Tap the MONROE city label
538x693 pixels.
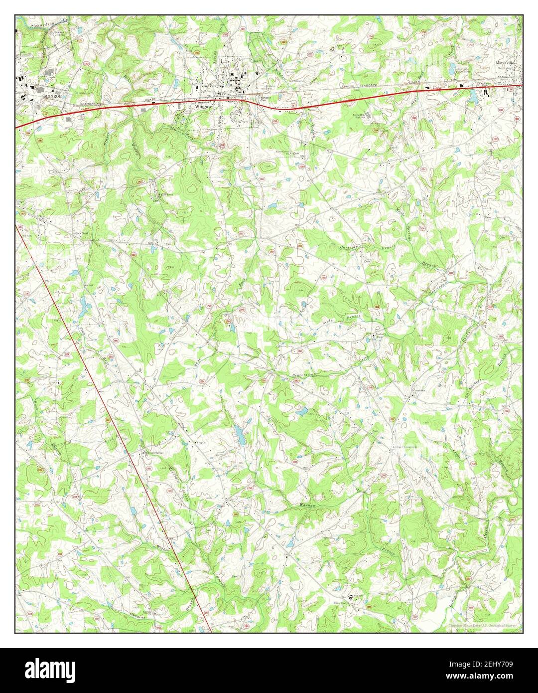pos(51,95)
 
